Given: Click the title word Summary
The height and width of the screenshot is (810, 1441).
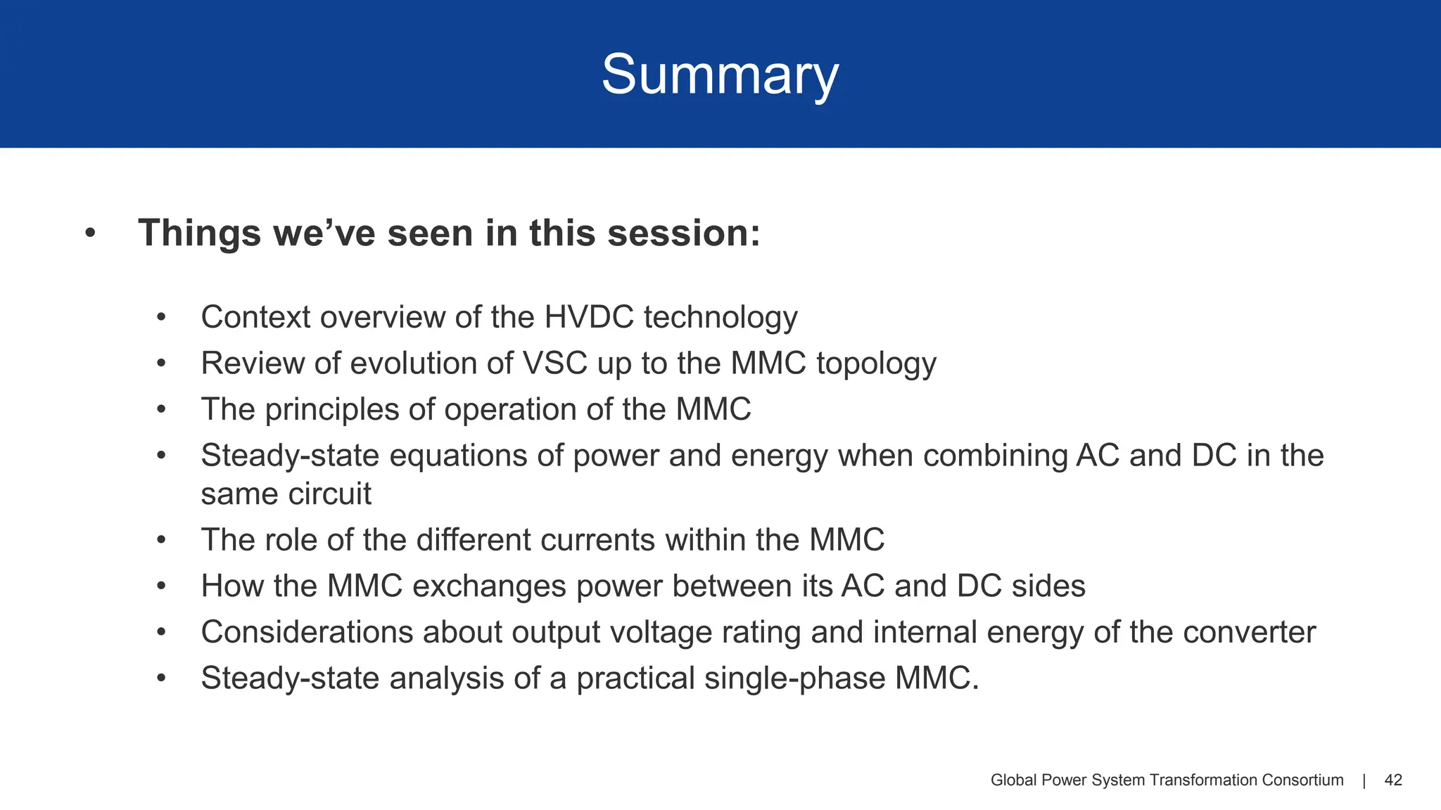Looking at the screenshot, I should pyautogui.click(x=720, y=75).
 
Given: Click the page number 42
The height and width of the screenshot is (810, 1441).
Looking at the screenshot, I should pyautogui.click(x=1393, y=780).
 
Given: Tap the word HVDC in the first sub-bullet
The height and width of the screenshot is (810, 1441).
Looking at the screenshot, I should pyautogui.click(x=589, y=317).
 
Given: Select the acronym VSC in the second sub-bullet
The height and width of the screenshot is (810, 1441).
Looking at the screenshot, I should pyautogui.click(x=554, y=364).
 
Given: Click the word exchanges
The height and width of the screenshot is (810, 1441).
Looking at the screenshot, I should pyautogui.click(x=488, y=586).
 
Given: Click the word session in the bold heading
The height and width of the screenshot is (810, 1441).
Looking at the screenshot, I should pyautogui.click(x=683, y=233).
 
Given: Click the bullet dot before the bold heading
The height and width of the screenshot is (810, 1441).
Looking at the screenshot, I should pyautogui.click(x=89, y=233).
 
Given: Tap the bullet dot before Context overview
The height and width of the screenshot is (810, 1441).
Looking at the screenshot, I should pyautogui.click(x=161, y=317).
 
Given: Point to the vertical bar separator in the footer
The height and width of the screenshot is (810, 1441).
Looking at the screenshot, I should pyautogui.click(x=1364, y=780).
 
